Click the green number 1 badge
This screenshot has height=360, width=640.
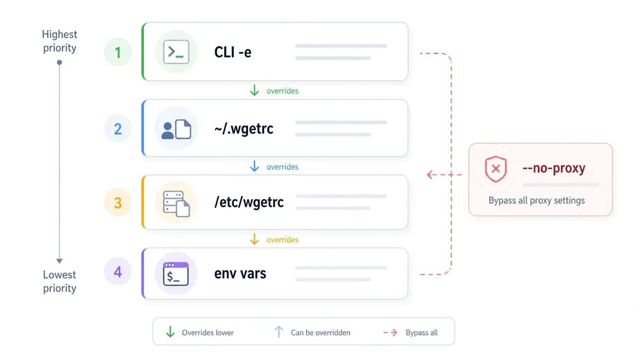(118, 52)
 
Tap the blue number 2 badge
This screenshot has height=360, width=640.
(118, 129)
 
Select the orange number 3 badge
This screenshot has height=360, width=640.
(118, 202)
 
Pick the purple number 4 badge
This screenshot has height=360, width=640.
(118, 271)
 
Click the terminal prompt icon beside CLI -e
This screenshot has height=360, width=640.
(176, 52)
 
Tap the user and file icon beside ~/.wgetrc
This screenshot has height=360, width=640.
(176, 129)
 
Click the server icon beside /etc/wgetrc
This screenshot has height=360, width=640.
(176, 204)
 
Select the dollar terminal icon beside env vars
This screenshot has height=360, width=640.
(176, 274)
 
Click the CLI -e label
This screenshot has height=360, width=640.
(233, 52)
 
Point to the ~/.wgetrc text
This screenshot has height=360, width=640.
(244, 129)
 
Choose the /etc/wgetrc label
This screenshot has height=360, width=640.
(249, 202)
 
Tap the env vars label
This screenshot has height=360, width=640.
(240, 273)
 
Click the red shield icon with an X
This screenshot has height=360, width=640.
(496, 169)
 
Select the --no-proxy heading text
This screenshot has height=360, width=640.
(554, 168)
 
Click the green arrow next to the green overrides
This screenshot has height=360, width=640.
(254, 90)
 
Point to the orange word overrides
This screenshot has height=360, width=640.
(282, 239)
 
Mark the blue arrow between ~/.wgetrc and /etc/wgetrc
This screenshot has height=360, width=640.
(254, 166)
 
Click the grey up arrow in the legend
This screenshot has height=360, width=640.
(279, 332)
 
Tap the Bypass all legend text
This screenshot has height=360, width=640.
(421, 332)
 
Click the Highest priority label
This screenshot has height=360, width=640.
(59, 41)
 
